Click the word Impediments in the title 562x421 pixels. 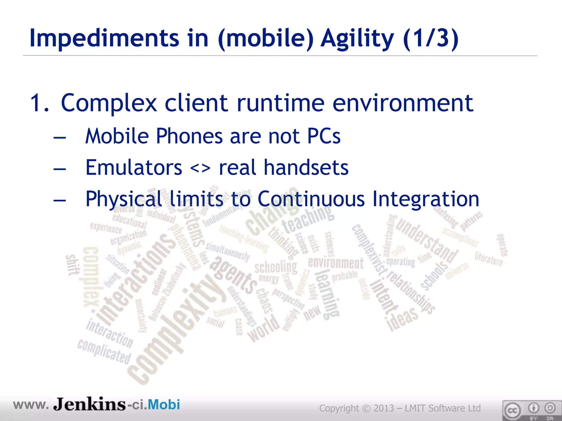pyautogui.click(x=104, y=38)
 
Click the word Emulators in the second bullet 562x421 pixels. pyautogui.click(x=134, y=167)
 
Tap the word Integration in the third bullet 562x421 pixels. pyautogui.click(x=426, y=199)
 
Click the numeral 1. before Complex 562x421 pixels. pyautogui.click(x=40, y=103)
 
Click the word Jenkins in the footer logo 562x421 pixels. pyautogui.click(x=89, y=405)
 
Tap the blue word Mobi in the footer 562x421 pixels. pyautogui.click(x=164, y=405)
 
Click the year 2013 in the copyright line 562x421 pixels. pyautogui.click(x=384, y=408)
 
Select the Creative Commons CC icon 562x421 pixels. pyautogui.click(x=512, y=411)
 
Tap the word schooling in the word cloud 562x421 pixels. pyautogui.click(x=276, y=267)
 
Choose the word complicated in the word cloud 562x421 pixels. pyautogui.click(x=104, y=352)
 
